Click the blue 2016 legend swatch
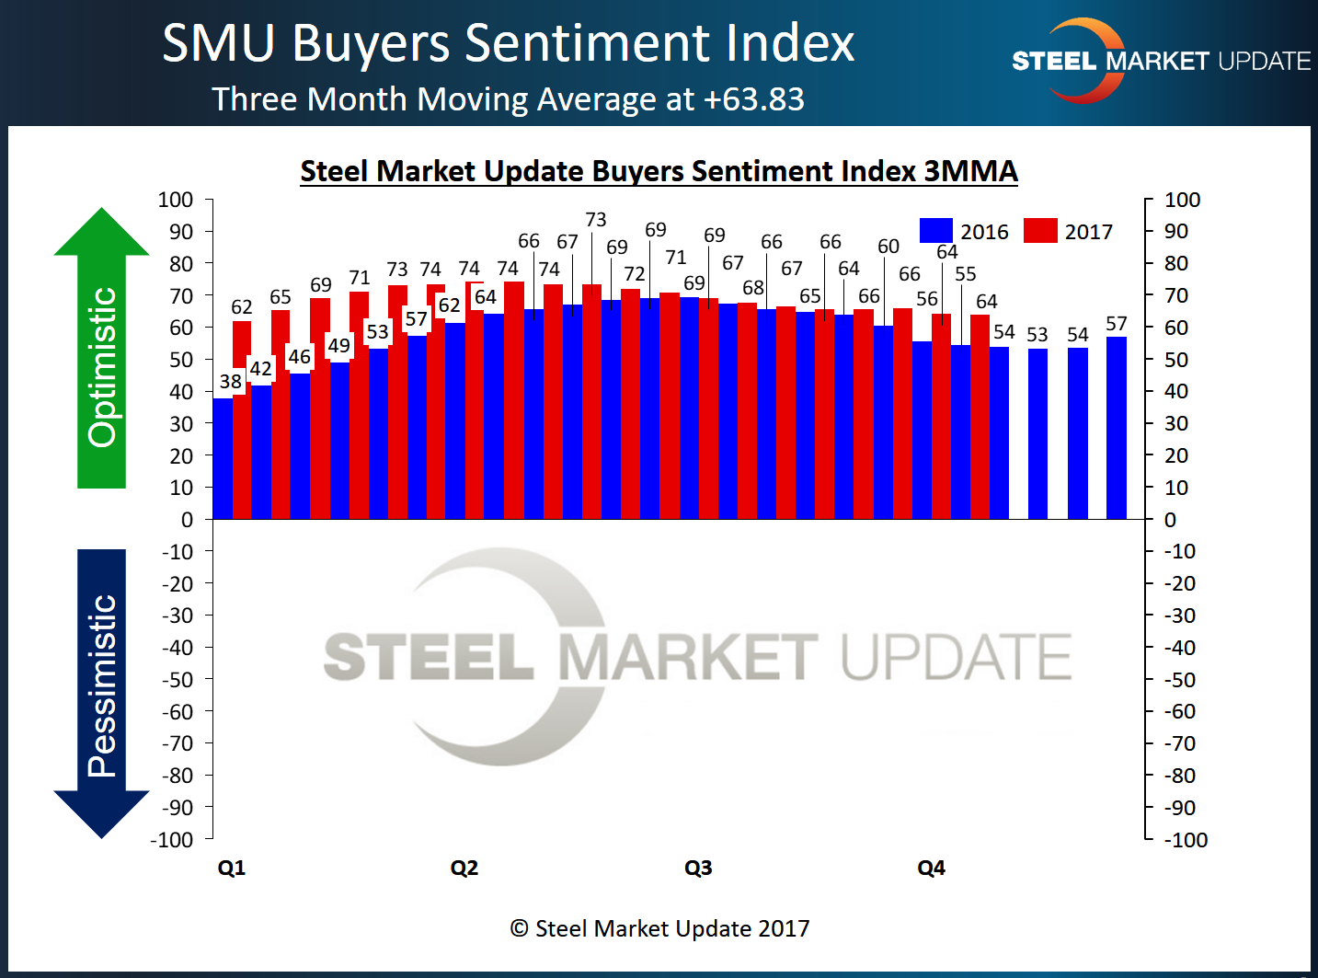[935, 231]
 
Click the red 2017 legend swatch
[1040, 231]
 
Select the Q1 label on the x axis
[232, 868]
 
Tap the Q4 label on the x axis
[931, 868]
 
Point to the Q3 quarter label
[698, 868]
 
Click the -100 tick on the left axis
[172, 839]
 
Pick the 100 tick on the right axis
[1182, 200]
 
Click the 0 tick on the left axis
[187, 520]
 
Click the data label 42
[261, 369]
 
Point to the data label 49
[339, 345]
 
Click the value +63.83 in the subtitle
[754, 99]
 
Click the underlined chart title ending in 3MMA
[659, 171]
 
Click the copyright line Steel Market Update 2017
[660, 928]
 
